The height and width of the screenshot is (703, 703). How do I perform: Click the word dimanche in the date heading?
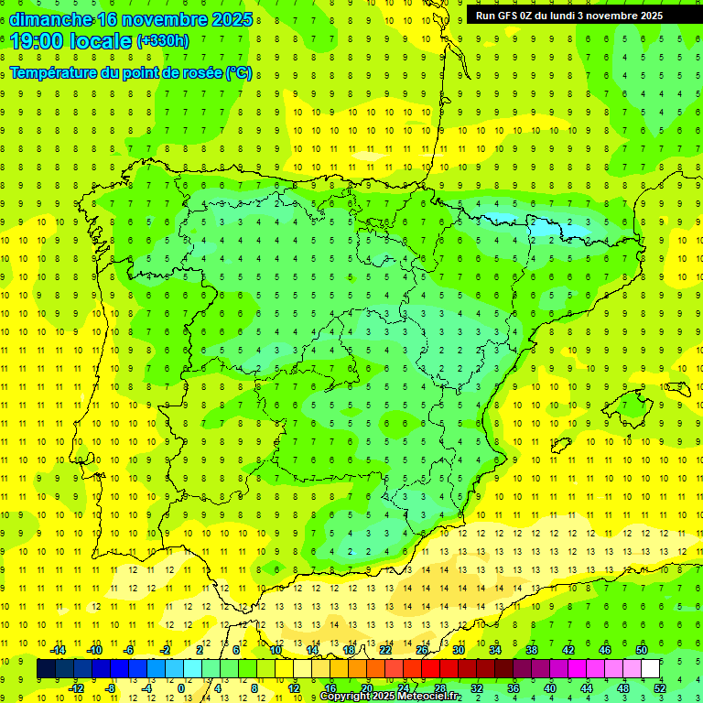tap(51, 19)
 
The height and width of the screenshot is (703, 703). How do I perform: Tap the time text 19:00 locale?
tap(71, 40)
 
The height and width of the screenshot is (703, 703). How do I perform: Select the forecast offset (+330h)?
tap(163, 40)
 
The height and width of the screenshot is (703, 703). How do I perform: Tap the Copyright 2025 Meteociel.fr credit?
tap(390, 697)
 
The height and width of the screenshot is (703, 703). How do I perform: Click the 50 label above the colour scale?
tap(642, 650)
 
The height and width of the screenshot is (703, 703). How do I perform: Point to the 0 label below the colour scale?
tap(180, 688)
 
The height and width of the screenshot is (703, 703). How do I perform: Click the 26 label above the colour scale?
tap(422, 650)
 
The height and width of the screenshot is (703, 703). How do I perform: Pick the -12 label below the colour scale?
tap(77, 688)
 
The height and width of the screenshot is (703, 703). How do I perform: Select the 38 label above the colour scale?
tap(532, 650)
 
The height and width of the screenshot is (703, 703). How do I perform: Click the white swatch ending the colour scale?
tap(651, 669)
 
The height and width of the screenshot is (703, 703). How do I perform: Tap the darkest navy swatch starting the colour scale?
tap(46, 669)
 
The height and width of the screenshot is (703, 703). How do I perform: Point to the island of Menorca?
tap(676, 388)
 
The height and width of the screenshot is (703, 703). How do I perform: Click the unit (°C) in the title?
tap(239, 72)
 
